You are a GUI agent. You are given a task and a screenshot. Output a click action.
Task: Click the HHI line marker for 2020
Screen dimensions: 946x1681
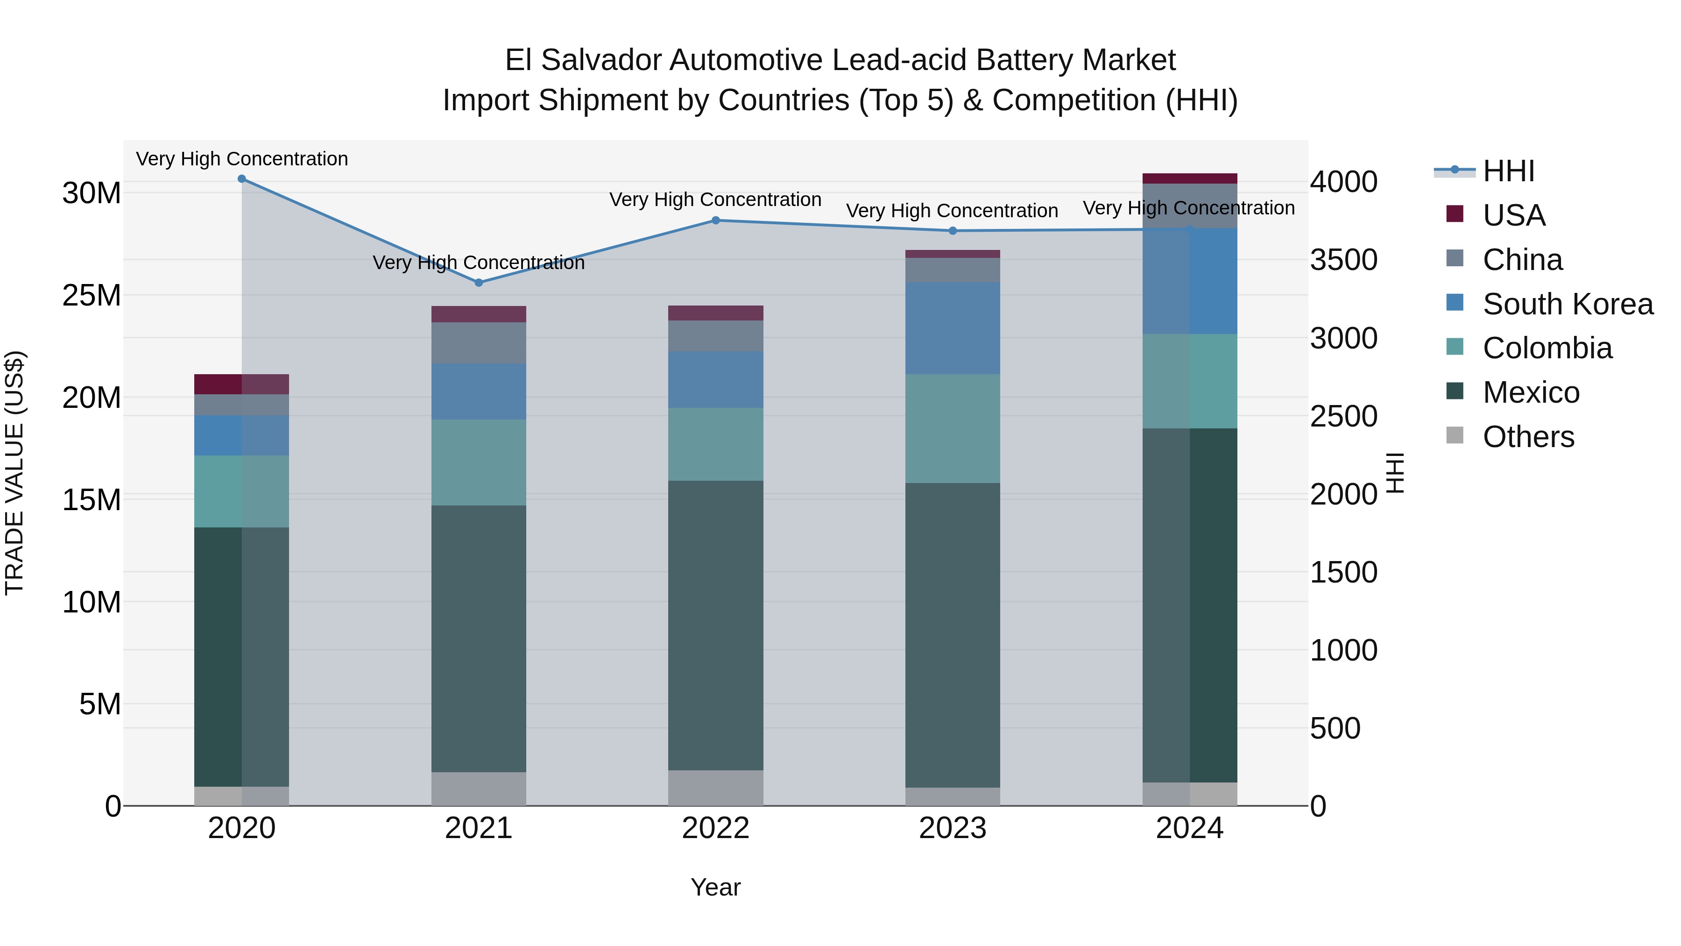click(x=241, y=179)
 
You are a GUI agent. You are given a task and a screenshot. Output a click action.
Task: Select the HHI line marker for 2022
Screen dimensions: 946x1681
click(x=715, y=220)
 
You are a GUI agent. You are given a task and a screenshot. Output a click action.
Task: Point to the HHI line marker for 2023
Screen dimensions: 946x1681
click(x=952, y=230)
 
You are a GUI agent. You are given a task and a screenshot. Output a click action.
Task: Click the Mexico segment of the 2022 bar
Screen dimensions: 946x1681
click(x=715, y=626)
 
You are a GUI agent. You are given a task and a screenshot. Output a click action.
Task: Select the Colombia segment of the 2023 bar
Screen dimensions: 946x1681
click(x=952, y=428)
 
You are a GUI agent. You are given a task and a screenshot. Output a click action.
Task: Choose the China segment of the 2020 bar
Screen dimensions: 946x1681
click(x=241, y=405)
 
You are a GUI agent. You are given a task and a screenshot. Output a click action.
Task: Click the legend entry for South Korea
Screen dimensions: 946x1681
click(x=1568, y=304)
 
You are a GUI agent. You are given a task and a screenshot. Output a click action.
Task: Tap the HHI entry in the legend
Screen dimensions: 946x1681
click(x=1508, y=171)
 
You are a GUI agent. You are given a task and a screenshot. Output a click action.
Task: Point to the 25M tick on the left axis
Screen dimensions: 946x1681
click(x=92, y=296)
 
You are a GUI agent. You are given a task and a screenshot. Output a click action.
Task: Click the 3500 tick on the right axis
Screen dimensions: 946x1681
click(x=1343, y=260)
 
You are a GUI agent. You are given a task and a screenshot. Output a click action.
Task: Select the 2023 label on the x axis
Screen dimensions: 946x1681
click(x=952, y=828)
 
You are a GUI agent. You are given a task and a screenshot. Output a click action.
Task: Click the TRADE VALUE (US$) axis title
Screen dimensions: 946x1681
click(x=14, y=473)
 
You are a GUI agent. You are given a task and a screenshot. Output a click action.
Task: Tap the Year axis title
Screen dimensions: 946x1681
click(x=715, y=887)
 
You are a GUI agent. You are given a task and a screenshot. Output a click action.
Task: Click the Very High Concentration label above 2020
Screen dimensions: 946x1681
click(x=241, y=159)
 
